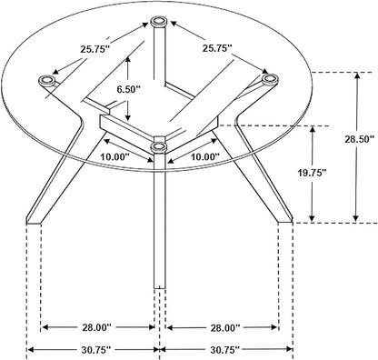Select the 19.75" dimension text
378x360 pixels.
tap(311, 173)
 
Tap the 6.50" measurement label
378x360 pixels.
tap(129, 89)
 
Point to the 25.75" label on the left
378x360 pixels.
tap(94, 49)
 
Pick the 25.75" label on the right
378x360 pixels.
tap(217, 48)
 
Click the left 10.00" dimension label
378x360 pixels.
tap(115, 157)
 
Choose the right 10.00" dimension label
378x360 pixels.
tap(204, 157)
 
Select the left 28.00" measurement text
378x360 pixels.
tap(97, 327)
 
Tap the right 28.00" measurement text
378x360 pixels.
tap(224, 327)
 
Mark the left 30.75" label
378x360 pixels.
tap(96, 350)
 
